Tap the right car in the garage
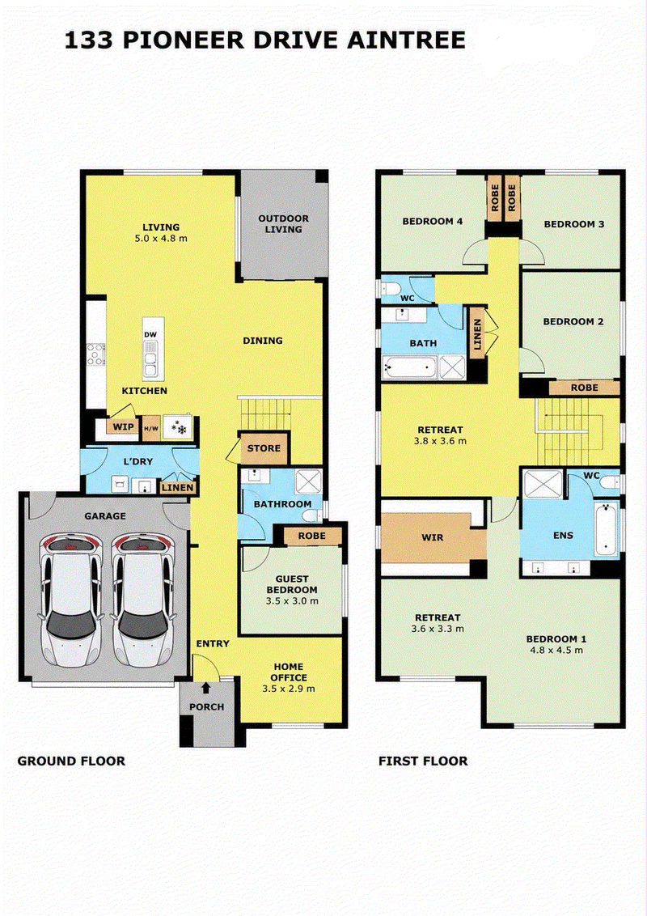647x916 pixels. pyautogui.click(x=142, y=600)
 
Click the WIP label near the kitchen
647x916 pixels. pyautogui.click(x=123, y=427)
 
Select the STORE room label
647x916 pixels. pyautogui.click(x=264, y=448)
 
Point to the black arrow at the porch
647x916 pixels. pyautogui.click(x=206, y=689)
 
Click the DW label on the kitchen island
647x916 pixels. pyautogui.click(x=150, y=335)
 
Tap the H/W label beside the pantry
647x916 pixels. pyautogui.click(x=151, y=428)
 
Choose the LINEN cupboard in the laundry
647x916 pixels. pyautogui.click(x=177, y=488)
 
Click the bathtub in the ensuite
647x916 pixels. pyautogui.click(x=607, y=530)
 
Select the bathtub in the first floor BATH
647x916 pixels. pyautogui.click(x=409, y=367)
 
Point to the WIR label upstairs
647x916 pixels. pyautogui.click(x=433, y=537)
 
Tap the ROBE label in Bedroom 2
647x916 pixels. pyautogui.click(x=585, y=388)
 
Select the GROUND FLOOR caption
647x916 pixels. pyautogui.click(x=71, y=761)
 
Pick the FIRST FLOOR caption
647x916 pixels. pyautogui.click(x=423, y=761)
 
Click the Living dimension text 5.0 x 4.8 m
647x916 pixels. pyautogui.click(x=161, y=239)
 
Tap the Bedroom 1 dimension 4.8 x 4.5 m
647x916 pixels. pyautogui.click(x=556, y=651)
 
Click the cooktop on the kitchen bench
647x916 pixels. pyautogui.click(x=95, y=354)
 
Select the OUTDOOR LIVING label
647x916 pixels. pyautogui.click(x=284, y=224)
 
